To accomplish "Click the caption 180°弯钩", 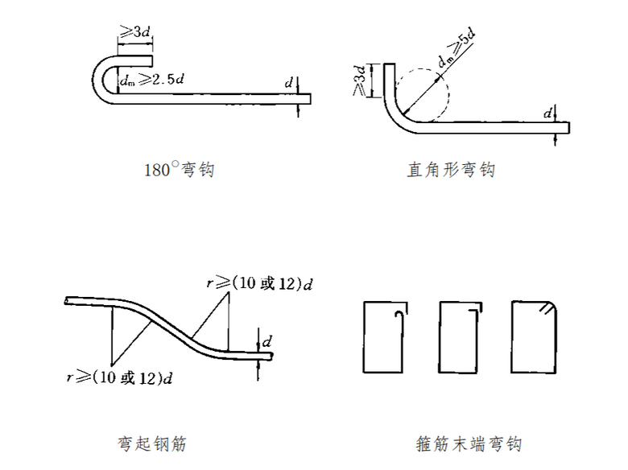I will [179, 171].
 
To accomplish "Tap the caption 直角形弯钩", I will [451, 171].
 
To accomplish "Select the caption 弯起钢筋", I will [152, 443].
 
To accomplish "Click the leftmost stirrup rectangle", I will [385, 337].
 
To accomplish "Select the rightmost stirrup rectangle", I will [533, 337].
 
